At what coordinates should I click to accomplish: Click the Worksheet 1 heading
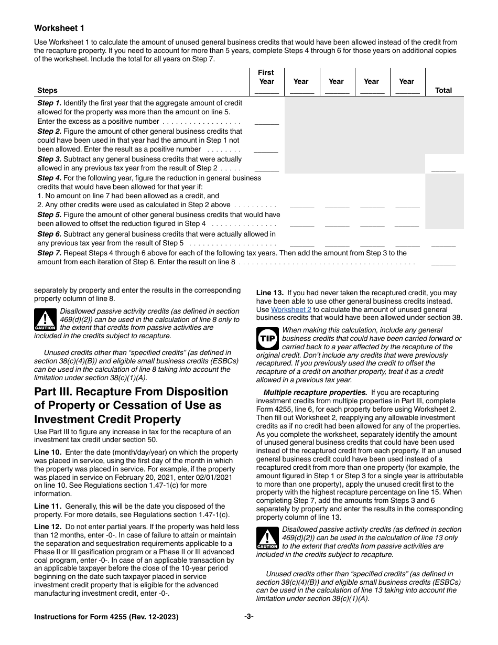(59, 28)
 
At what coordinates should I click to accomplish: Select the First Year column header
(266, 77)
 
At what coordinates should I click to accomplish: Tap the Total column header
(443, 90)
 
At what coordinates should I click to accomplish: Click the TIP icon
(267, 339)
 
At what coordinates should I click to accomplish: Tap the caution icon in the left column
(45, 319)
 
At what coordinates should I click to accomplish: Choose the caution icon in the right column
(267, 538)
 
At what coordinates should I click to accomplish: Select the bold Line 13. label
(269, 293)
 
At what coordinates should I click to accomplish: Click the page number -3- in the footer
(248, 617)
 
